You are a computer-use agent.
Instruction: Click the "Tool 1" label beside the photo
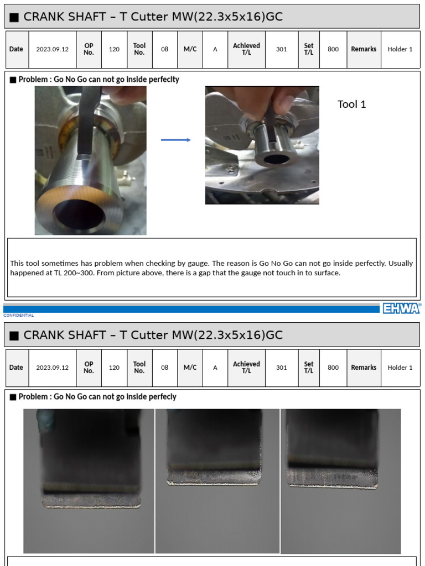pyautogui.click(x=351, y=104)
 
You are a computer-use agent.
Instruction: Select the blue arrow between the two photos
pyautogui.click(x=175, y=140)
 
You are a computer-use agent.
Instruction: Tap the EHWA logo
pyautogui.click(x=401, y=308)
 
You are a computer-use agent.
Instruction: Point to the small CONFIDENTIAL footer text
pyautogui.click(x=18, y=316)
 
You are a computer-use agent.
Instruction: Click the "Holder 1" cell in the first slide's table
pyautogui.click(x=400, y=49)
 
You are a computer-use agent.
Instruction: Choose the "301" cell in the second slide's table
pyautogui.click(x=281, y=368)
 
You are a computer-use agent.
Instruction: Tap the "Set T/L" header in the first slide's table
pyautogui.click(x=309, y=49)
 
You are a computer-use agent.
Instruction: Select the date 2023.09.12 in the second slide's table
pyautogui.click(x=53, y=368)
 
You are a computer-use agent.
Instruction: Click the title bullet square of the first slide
pyautogui.click(x=14, y=17)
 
